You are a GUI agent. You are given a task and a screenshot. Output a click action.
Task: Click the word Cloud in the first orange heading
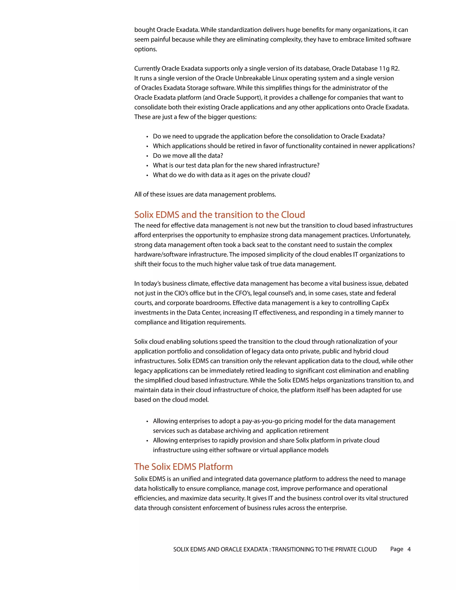pyautogui.click(x=293, y=215)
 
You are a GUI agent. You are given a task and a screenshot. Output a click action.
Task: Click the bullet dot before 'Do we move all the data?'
pyautogui.click(x=147, y=156)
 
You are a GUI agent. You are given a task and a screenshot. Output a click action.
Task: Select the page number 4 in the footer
pyautogui.click(x=409, y=549)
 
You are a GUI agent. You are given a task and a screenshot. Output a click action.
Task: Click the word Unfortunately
pyautogui.click(x=390, y=235)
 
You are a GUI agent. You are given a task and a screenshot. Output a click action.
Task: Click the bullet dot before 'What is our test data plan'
pyautogui.click(x=147, y=166)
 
